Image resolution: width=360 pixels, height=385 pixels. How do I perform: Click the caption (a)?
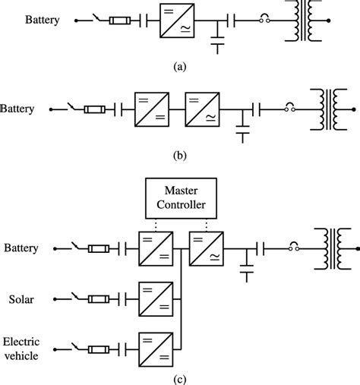[179, 67]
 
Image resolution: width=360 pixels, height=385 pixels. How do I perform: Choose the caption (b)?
[179, 158]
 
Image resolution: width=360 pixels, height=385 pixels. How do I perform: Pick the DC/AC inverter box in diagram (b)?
[201, 109]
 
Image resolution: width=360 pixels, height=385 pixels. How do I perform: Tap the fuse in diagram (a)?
[120, 21]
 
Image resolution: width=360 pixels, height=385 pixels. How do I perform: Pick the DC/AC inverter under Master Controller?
[205, 248]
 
